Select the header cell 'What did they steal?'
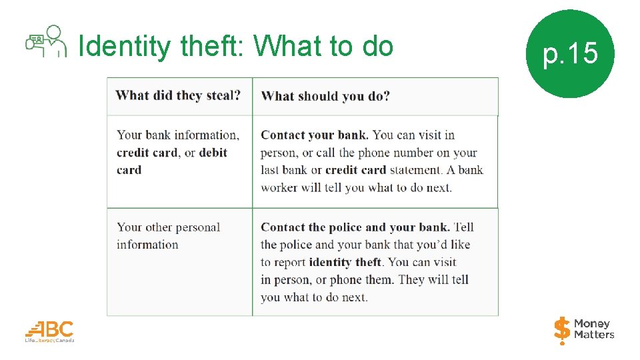(x=178, y=95)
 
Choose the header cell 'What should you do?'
(x=325, y=96)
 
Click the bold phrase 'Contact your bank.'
(x=315, y=135)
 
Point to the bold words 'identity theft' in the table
(x=345, y=262)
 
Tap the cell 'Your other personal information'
(x=168, y=235)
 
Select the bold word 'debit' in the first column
(x=213, y=153)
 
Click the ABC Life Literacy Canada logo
(x=50, y=331)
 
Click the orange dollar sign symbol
(x=562, y=329)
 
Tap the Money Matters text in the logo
(x=594, y=329)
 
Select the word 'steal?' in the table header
(x=223, y=95)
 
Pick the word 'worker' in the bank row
(x=279, y=187)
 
